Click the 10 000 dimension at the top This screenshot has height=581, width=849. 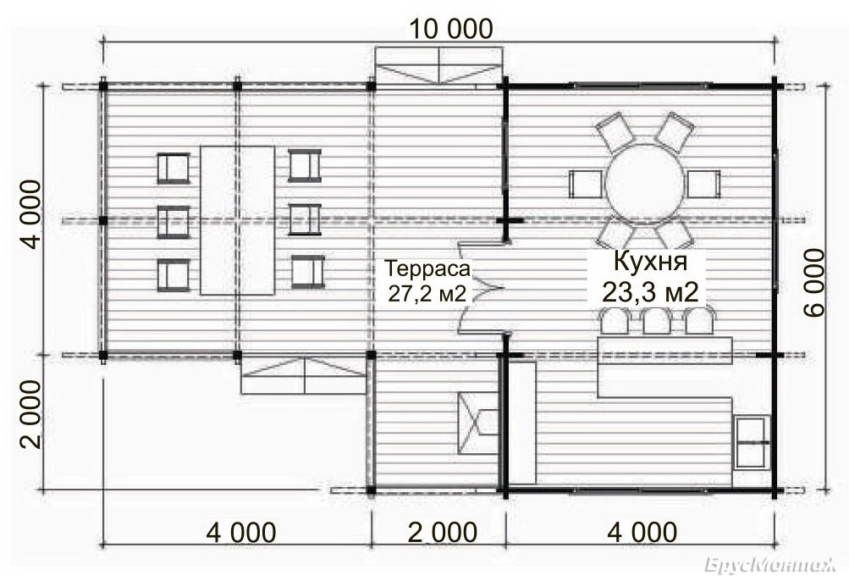click(x=450, y=29)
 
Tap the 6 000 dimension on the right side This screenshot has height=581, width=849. click(x=813, y=282)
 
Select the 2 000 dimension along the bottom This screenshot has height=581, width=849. click(x=442, y=532)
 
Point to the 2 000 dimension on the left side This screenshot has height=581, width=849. click(x=30, y=414)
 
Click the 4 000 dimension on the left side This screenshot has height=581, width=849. click(x=30, y=214)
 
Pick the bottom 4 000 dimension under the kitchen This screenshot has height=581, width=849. click(x=642, y=532)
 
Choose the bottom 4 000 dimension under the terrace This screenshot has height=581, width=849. click(x=241, y=532)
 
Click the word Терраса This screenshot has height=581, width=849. click(x=427, y=268)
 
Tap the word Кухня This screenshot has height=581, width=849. click(x=650, y=262)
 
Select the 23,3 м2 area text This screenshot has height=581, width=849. click(x=650, y=293)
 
